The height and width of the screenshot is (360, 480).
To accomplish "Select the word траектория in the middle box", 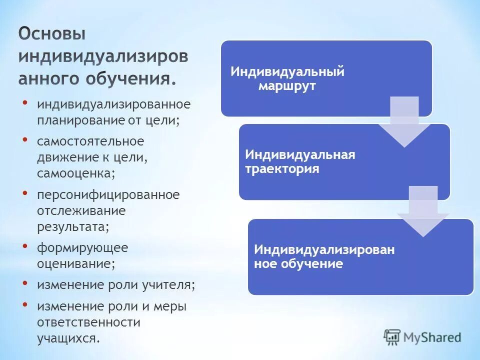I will [x=282, y=169].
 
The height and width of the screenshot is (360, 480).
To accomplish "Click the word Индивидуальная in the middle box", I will [x=300, y=154].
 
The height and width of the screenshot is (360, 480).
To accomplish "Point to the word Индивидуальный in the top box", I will [x=287, y=71].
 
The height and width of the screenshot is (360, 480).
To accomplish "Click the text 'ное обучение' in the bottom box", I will [x=298, y=264].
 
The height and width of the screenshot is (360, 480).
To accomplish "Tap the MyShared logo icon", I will [x=392, y=337].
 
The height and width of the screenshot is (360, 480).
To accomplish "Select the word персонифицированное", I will [x=108, y=194].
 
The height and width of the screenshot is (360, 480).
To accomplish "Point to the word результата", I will [x=71, y=226].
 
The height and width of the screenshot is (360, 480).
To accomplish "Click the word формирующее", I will [x=82, y=247].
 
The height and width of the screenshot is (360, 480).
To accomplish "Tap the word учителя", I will [x=170, y=284].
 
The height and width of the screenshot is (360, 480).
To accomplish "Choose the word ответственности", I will [x=88, y=322].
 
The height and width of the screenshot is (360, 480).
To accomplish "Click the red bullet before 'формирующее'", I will [x=25, y=245].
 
